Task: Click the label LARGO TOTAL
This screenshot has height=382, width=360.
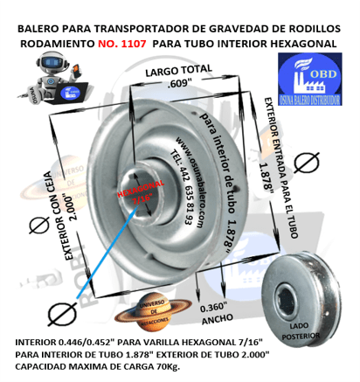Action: (x=178, y=71)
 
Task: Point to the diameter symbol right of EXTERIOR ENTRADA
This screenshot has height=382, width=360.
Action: (x=305, y=162)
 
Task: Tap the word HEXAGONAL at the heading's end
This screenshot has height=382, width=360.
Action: (x=301, y=41)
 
